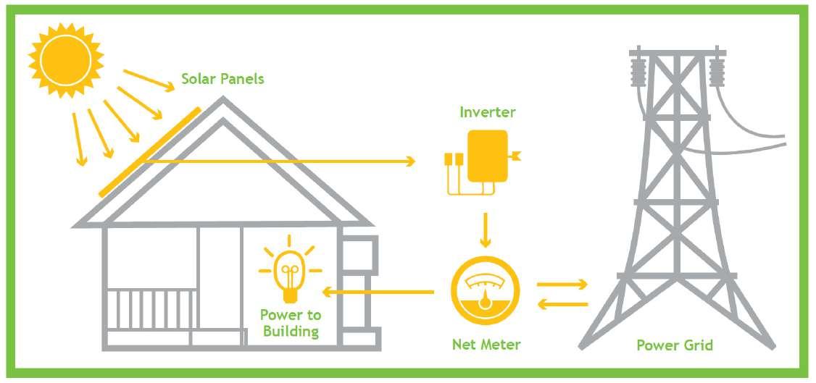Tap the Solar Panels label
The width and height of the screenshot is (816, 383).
pos(222,78)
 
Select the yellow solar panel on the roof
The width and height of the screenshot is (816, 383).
pos(149,152)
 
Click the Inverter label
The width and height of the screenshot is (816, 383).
pos(487,112)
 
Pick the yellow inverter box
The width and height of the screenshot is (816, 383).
pos(486,156)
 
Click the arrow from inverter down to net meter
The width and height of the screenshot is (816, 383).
pos(486,227)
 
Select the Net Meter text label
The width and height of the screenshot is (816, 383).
pos(486,345)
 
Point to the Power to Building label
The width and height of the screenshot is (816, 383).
pos(291,324)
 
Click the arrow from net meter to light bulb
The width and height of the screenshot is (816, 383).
pos(377,292)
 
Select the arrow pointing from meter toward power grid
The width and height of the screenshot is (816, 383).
pos(562,285)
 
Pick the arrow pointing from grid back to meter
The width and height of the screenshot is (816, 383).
pos(562,304)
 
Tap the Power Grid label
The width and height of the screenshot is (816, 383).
pos(675,345)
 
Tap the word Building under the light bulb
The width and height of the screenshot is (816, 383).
pos(291,332)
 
